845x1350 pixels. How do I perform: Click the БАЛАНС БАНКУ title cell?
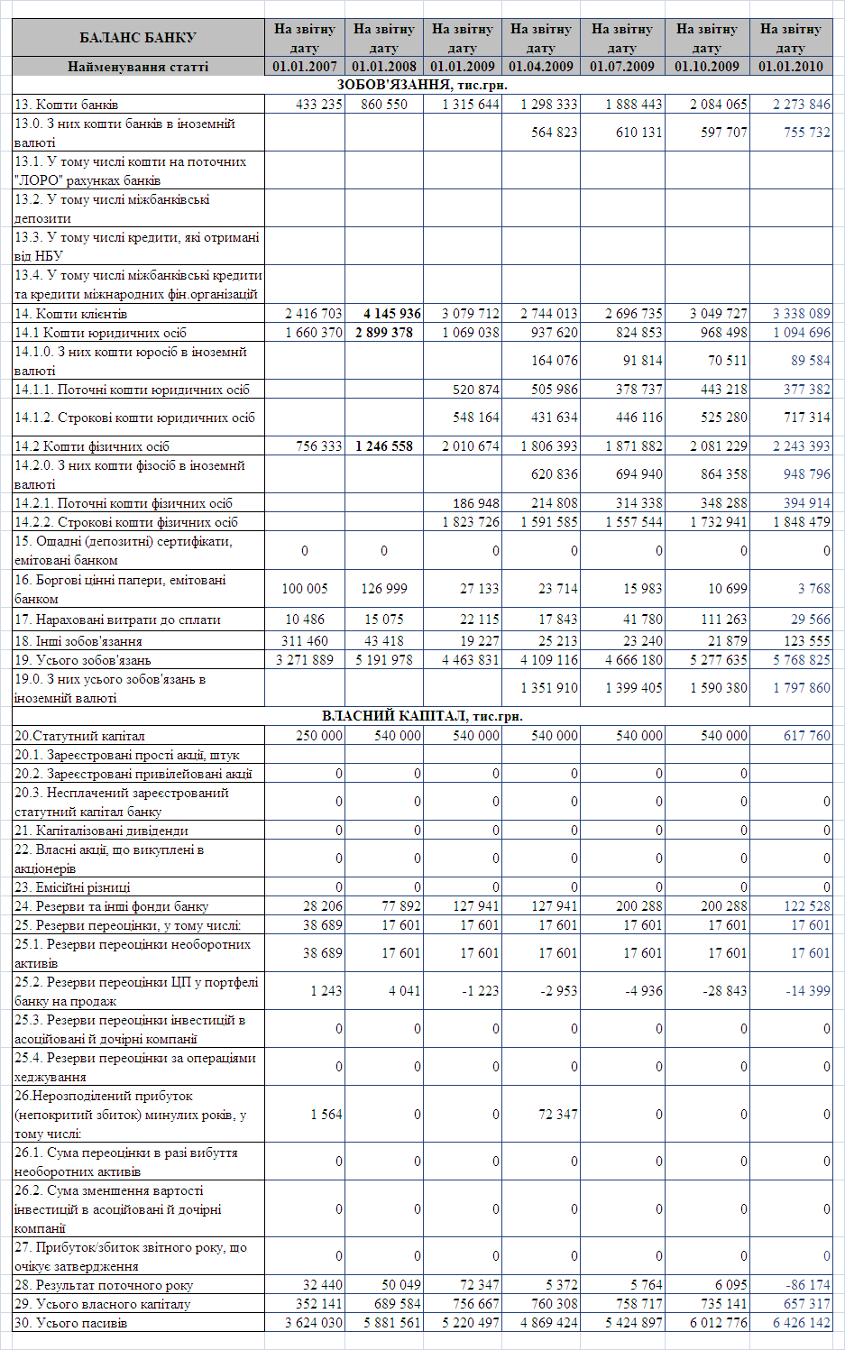pyautogui.click(x=138, y=38)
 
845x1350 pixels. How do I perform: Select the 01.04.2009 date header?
pyautogui.click(x=541, y=67)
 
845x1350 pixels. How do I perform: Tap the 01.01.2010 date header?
pyautogui.click(x=791, y=67)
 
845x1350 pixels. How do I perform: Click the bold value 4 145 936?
pyautogui.click(x=392, y=314)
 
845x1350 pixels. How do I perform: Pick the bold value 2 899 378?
pyautogui.click(x=384, y=333)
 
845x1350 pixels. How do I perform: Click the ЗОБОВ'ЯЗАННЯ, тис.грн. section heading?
pyautogui.click(x=422, y=85)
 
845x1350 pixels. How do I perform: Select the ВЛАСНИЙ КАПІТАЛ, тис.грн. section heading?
pyautogui.click(x=422, y=716)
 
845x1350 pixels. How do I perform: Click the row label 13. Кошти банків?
pyautogui.click(x=67, y=105)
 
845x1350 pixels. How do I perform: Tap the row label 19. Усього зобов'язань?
pyautogui.click(x=83, y=660)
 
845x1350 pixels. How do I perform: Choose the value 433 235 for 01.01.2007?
pyautogui.click(x=319, y=105)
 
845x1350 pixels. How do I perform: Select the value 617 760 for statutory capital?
pyautogui.click(x=807, y=736)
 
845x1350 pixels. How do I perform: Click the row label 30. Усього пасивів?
pyautogui.click(x=71, y=1323)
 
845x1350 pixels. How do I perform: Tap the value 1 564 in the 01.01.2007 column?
pyautogui.click(x=326, y=1115)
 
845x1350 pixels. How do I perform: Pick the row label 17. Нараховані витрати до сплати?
pyautogui.click(x=117, y=620)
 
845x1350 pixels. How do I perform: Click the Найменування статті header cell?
pyautogui.click(x=138, y=67)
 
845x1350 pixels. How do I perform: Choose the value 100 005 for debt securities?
pyautogui.click(x=305, y=589)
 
